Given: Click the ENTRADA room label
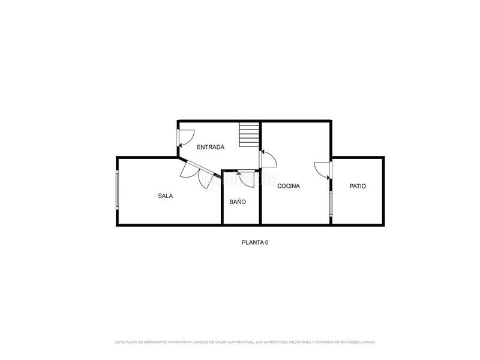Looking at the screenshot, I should point(211,147).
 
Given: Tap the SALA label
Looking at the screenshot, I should point(166,196).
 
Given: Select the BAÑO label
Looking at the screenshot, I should point(238,202).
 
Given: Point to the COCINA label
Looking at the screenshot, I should point(289,186).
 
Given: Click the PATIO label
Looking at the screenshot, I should point(358,186).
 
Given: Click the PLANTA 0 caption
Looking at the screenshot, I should point(255,243).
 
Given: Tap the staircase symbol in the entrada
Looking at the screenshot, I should point(248,134).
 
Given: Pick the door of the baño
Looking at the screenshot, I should point(246,177).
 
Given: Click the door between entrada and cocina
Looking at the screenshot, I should point(267,158).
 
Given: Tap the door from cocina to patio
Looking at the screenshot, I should point(323,170).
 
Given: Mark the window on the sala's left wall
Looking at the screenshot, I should point(117,190).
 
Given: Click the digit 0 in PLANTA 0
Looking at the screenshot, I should point(266,243).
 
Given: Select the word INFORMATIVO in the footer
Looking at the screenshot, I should point(177,342).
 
